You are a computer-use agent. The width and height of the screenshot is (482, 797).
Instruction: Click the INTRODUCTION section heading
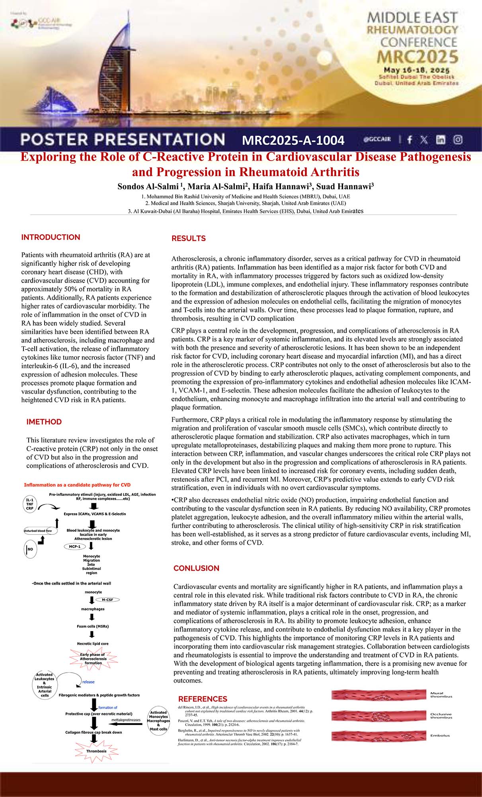point(51,237)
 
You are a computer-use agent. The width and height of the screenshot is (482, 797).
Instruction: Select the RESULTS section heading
point(188,238)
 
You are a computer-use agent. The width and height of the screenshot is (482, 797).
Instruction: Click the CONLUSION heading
point(196,568)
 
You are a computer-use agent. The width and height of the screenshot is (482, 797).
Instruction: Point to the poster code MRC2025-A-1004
point(293,140)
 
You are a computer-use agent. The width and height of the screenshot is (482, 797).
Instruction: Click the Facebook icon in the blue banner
point(410,139)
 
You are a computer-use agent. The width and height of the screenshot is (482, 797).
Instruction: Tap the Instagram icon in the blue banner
point(458,139)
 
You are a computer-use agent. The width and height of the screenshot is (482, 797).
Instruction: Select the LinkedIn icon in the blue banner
point(440,139)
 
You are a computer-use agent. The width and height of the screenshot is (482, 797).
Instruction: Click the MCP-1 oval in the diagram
point(74,547)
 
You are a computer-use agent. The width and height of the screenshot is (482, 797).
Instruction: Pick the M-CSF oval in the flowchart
point(107,600)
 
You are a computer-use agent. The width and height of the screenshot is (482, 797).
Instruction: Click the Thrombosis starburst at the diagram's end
point(96,751)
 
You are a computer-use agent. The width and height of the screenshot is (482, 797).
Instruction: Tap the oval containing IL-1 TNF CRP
point(30,504)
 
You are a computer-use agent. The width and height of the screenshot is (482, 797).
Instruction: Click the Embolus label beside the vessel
point(440,736)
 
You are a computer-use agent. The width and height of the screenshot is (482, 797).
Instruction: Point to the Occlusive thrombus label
point(441,716)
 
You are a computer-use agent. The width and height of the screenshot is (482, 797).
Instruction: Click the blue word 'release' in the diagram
point(88,682)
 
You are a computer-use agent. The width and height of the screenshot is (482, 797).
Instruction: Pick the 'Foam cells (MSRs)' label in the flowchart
point(93,626)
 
